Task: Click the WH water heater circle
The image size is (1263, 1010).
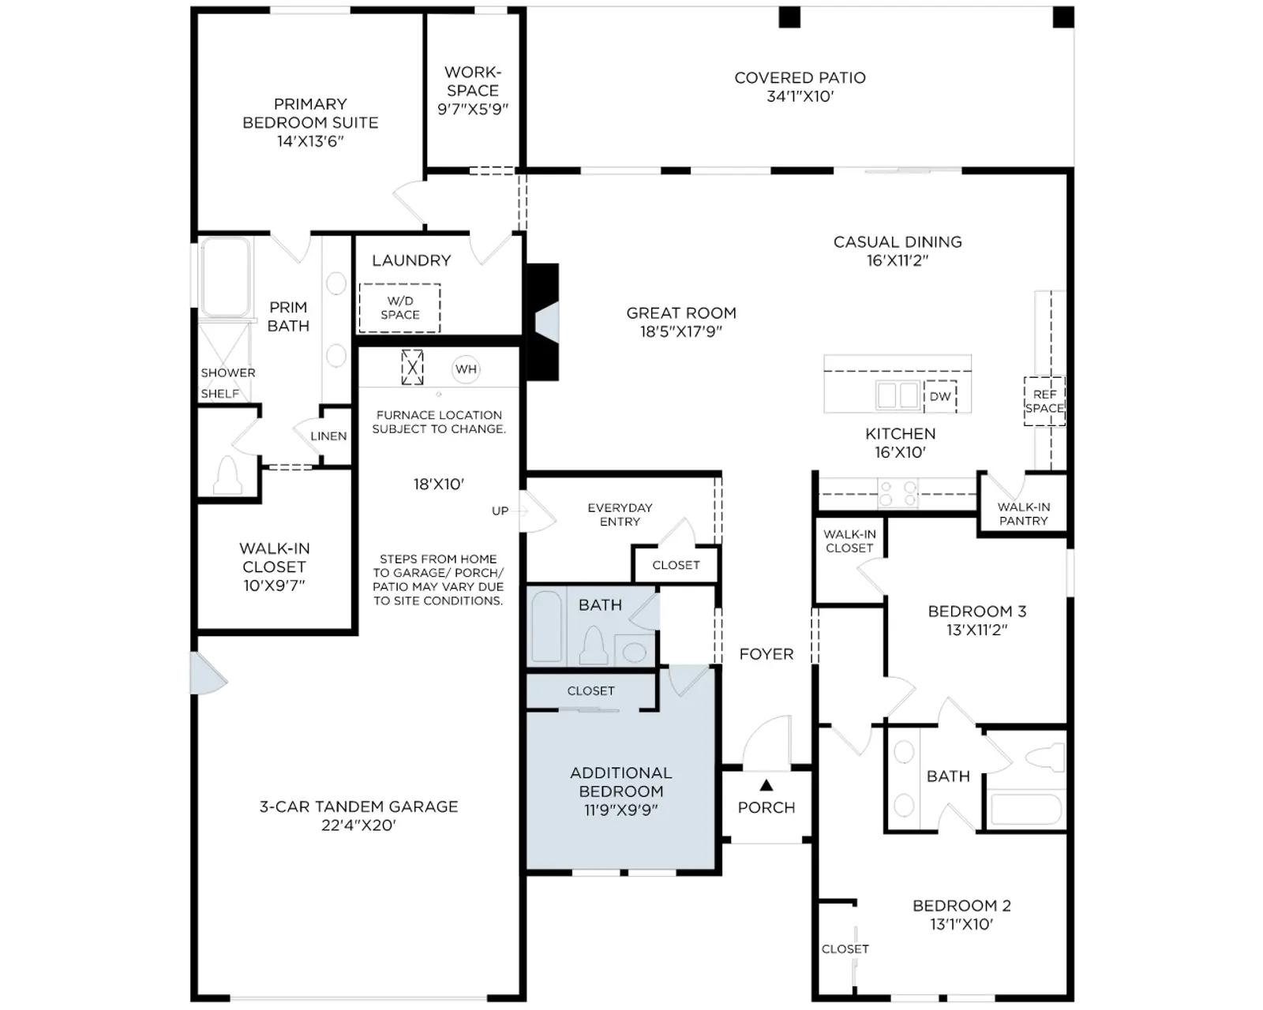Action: (x=466, y=369)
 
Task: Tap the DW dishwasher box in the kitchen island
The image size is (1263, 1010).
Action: (x=939, y=396)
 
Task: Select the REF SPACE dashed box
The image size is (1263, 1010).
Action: (x=1044, y=401)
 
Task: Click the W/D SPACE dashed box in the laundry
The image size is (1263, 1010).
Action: (x=399, y=308)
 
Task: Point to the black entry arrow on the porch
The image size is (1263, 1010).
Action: (x=766, y=784)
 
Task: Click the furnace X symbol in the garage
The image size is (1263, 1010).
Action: (x=412, y=368)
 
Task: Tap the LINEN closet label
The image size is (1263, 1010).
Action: (x=328, y=436)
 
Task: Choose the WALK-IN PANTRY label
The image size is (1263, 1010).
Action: (x=1024, y=514)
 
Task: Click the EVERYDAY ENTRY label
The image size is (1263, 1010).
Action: (x=620, y=514)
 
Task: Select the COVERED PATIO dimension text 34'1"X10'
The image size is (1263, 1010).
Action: (x=800, y=96)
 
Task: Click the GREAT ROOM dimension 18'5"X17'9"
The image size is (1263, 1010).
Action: (x=680, y=331)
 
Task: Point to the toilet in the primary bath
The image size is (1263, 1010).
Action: (x=227, y=475)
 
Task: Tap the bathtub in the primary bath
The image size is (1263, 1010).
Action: (x=225, y=276)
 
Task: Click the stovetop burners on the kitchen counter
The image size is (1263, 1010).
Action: (x=898, y=493)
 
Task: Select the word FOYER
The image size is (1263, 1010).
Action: (x=766, y=654)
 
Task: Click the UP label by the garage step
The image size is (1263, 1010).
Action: (x=500, y=511)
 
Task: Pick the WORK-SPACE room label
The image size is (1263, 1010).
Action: (x=473, y=81)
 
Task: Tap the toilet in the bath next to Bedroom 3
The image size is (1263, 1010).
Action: (x=1044, y=757)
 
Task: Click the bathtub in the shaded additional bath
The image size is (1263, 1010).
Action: (x=546, y=627)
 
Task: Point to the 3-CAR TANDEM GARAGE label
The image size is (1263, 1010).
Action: (x=358, y=806)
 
